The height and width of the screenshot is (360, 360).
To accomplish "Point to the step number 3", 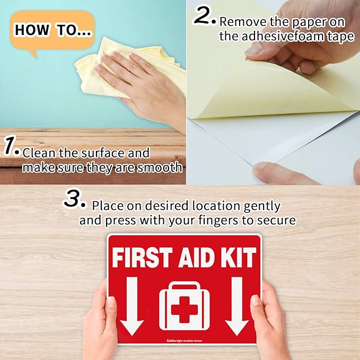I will (75, 200).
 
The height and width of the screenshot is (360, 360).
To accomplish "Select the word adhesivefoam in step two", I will (287, 37).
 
